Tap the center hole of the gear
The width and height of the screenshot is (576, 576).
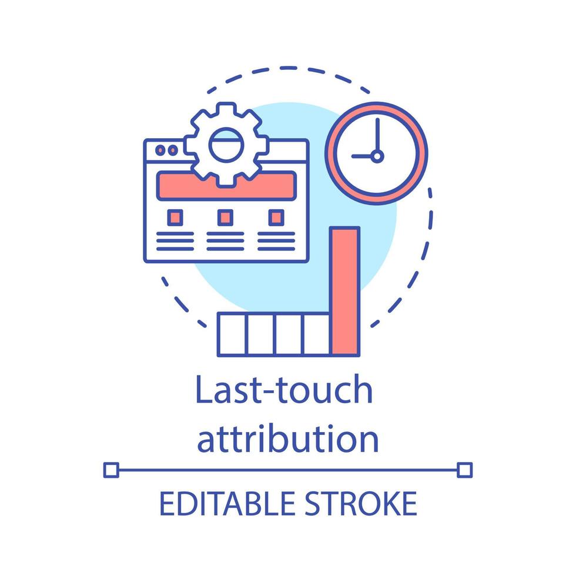point(226,146)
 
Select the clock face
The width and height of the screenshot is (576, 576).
point(376,153)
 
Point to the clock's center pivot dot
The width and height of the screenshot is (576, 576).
point(377,156)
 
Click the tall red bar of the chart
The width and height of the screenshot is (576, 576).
point(344,291)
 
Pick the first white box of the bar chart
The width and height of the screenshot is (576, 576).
point(232,334)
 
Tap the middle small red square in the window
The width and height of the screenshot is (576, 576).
point(225,217)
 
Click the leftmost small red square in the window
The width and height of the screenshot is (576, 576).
point(175,217)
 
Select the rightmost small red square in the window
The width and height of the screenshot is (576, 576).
point(276,217)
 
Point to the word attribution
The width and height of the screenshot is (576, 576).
point(287,439)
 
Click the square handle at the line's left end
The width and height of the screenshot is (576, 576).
point(111,470)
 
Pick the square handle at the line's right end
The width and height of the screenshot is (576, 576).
point(464,470)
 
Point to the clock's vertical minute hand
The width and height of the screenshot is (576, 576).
point(377,135)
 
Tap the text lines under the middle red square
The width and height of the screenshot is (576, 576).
point(225,241)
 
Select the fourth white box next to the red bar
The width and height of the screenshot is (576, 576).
point(316,334)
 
